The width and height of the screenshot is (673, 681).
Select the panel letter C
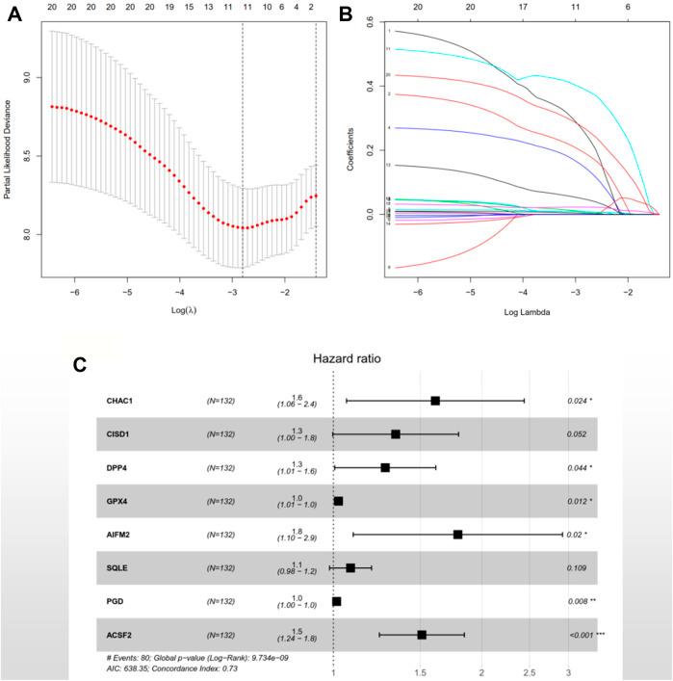coord(83,365)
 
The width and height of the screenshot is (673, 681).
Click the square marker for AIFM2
coord(457,535)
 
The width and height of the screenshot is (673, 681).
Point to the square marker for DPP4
coord(385,467)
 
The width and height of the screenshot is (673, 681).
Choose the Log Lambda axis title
coord(522,313)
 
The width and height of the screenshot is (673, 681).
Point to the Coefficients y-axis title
coord(352,149)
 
